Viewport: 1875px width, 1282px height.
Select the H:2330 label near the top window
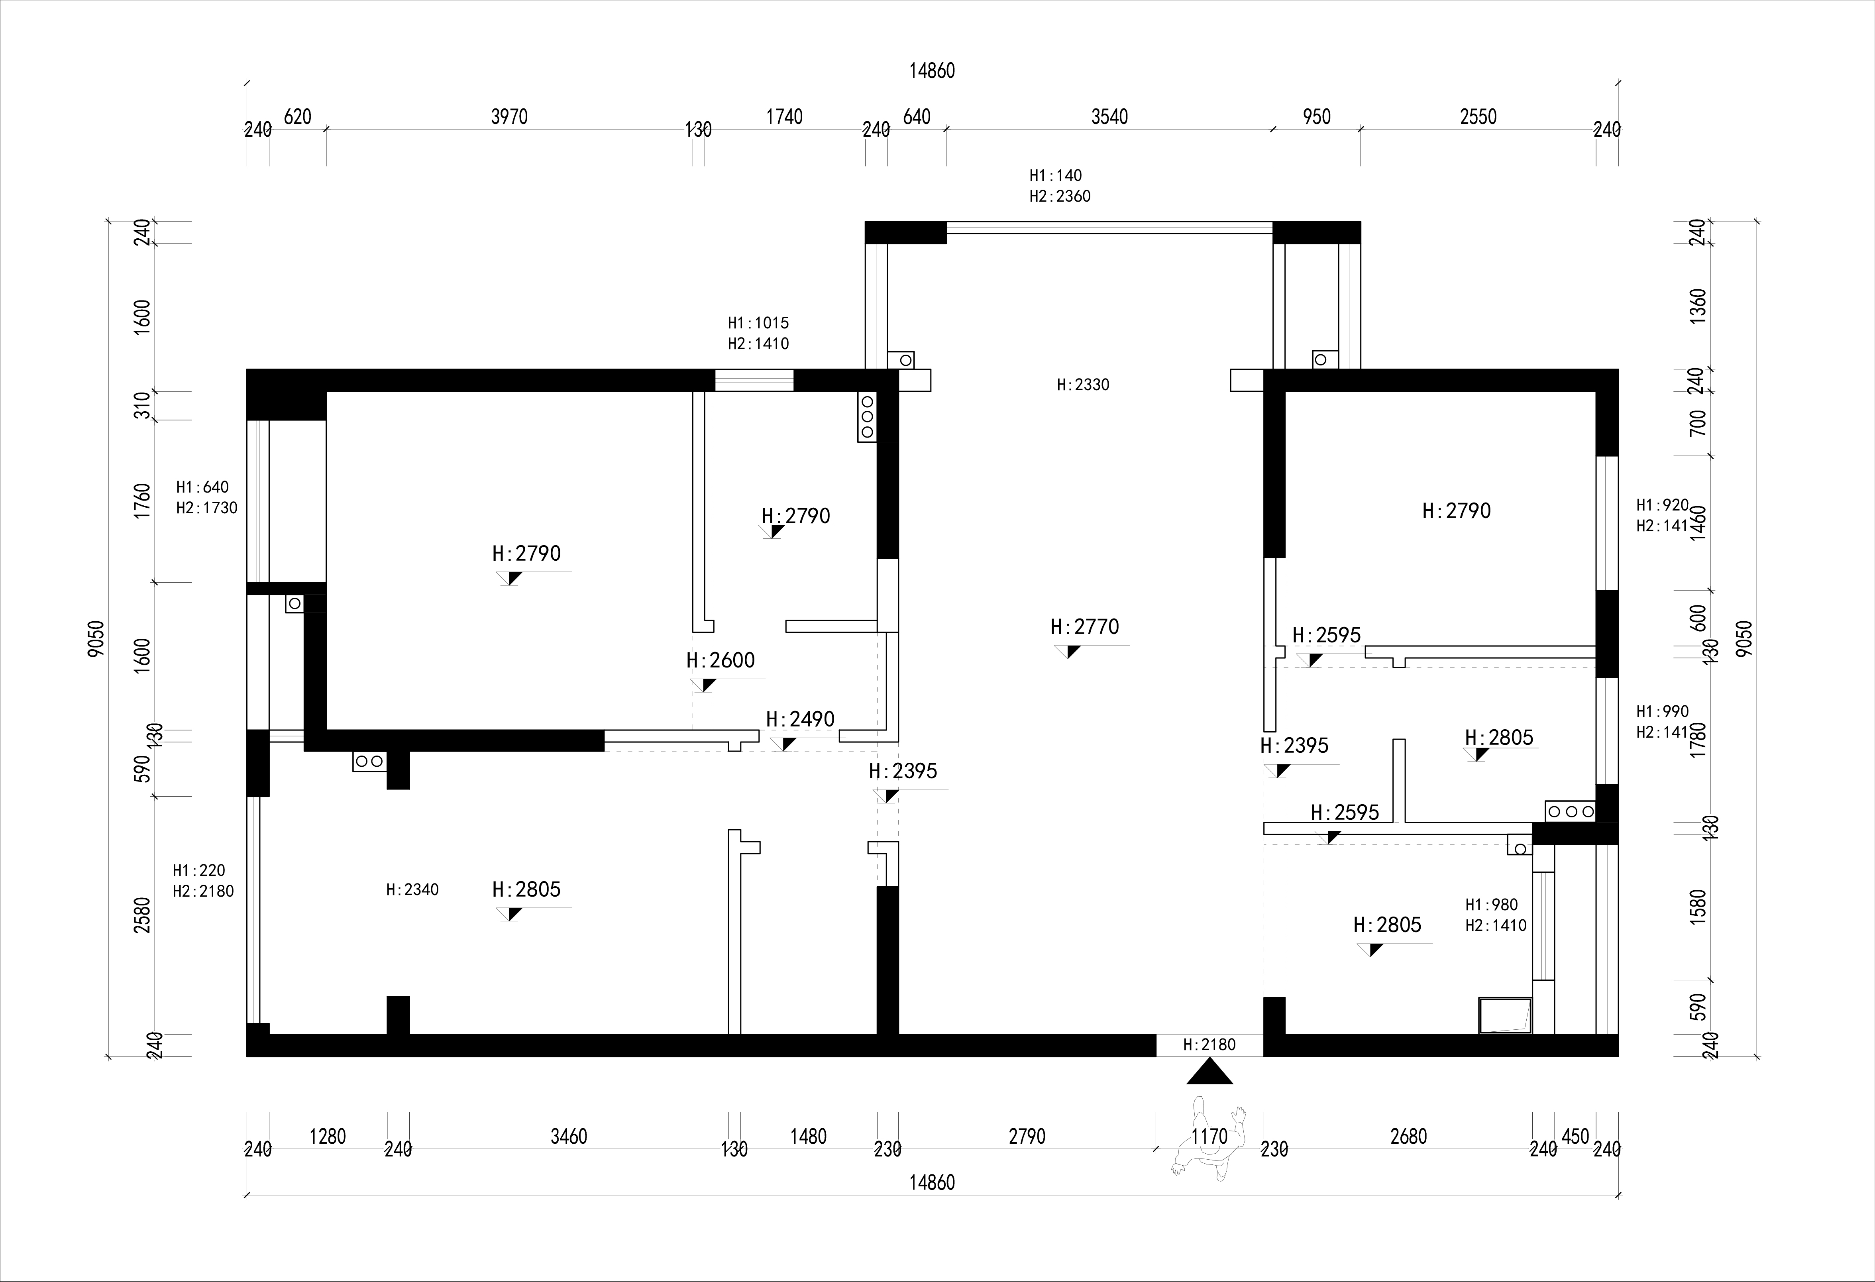(1083, 385)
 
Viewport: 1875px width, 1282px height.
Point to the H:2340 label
(412, 890)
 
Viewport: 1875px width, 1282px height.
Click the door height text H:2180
(1209, 1045)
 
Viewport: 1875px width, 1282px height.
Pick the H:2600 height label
(721, 661)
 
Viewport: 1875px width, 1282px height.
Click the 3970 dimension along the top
(509, 117)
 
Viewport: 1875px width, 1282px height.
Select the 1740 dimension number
(784, 117)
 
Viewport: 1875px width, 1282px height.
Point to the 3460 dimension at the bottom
(569, 1137)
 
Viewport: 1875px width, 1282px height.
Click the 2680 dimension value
(1409, 1137)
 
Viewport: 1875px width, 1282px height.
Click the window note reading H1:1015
(758, 323)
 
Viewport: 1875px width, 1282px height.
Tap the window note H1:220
(198, 870)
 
